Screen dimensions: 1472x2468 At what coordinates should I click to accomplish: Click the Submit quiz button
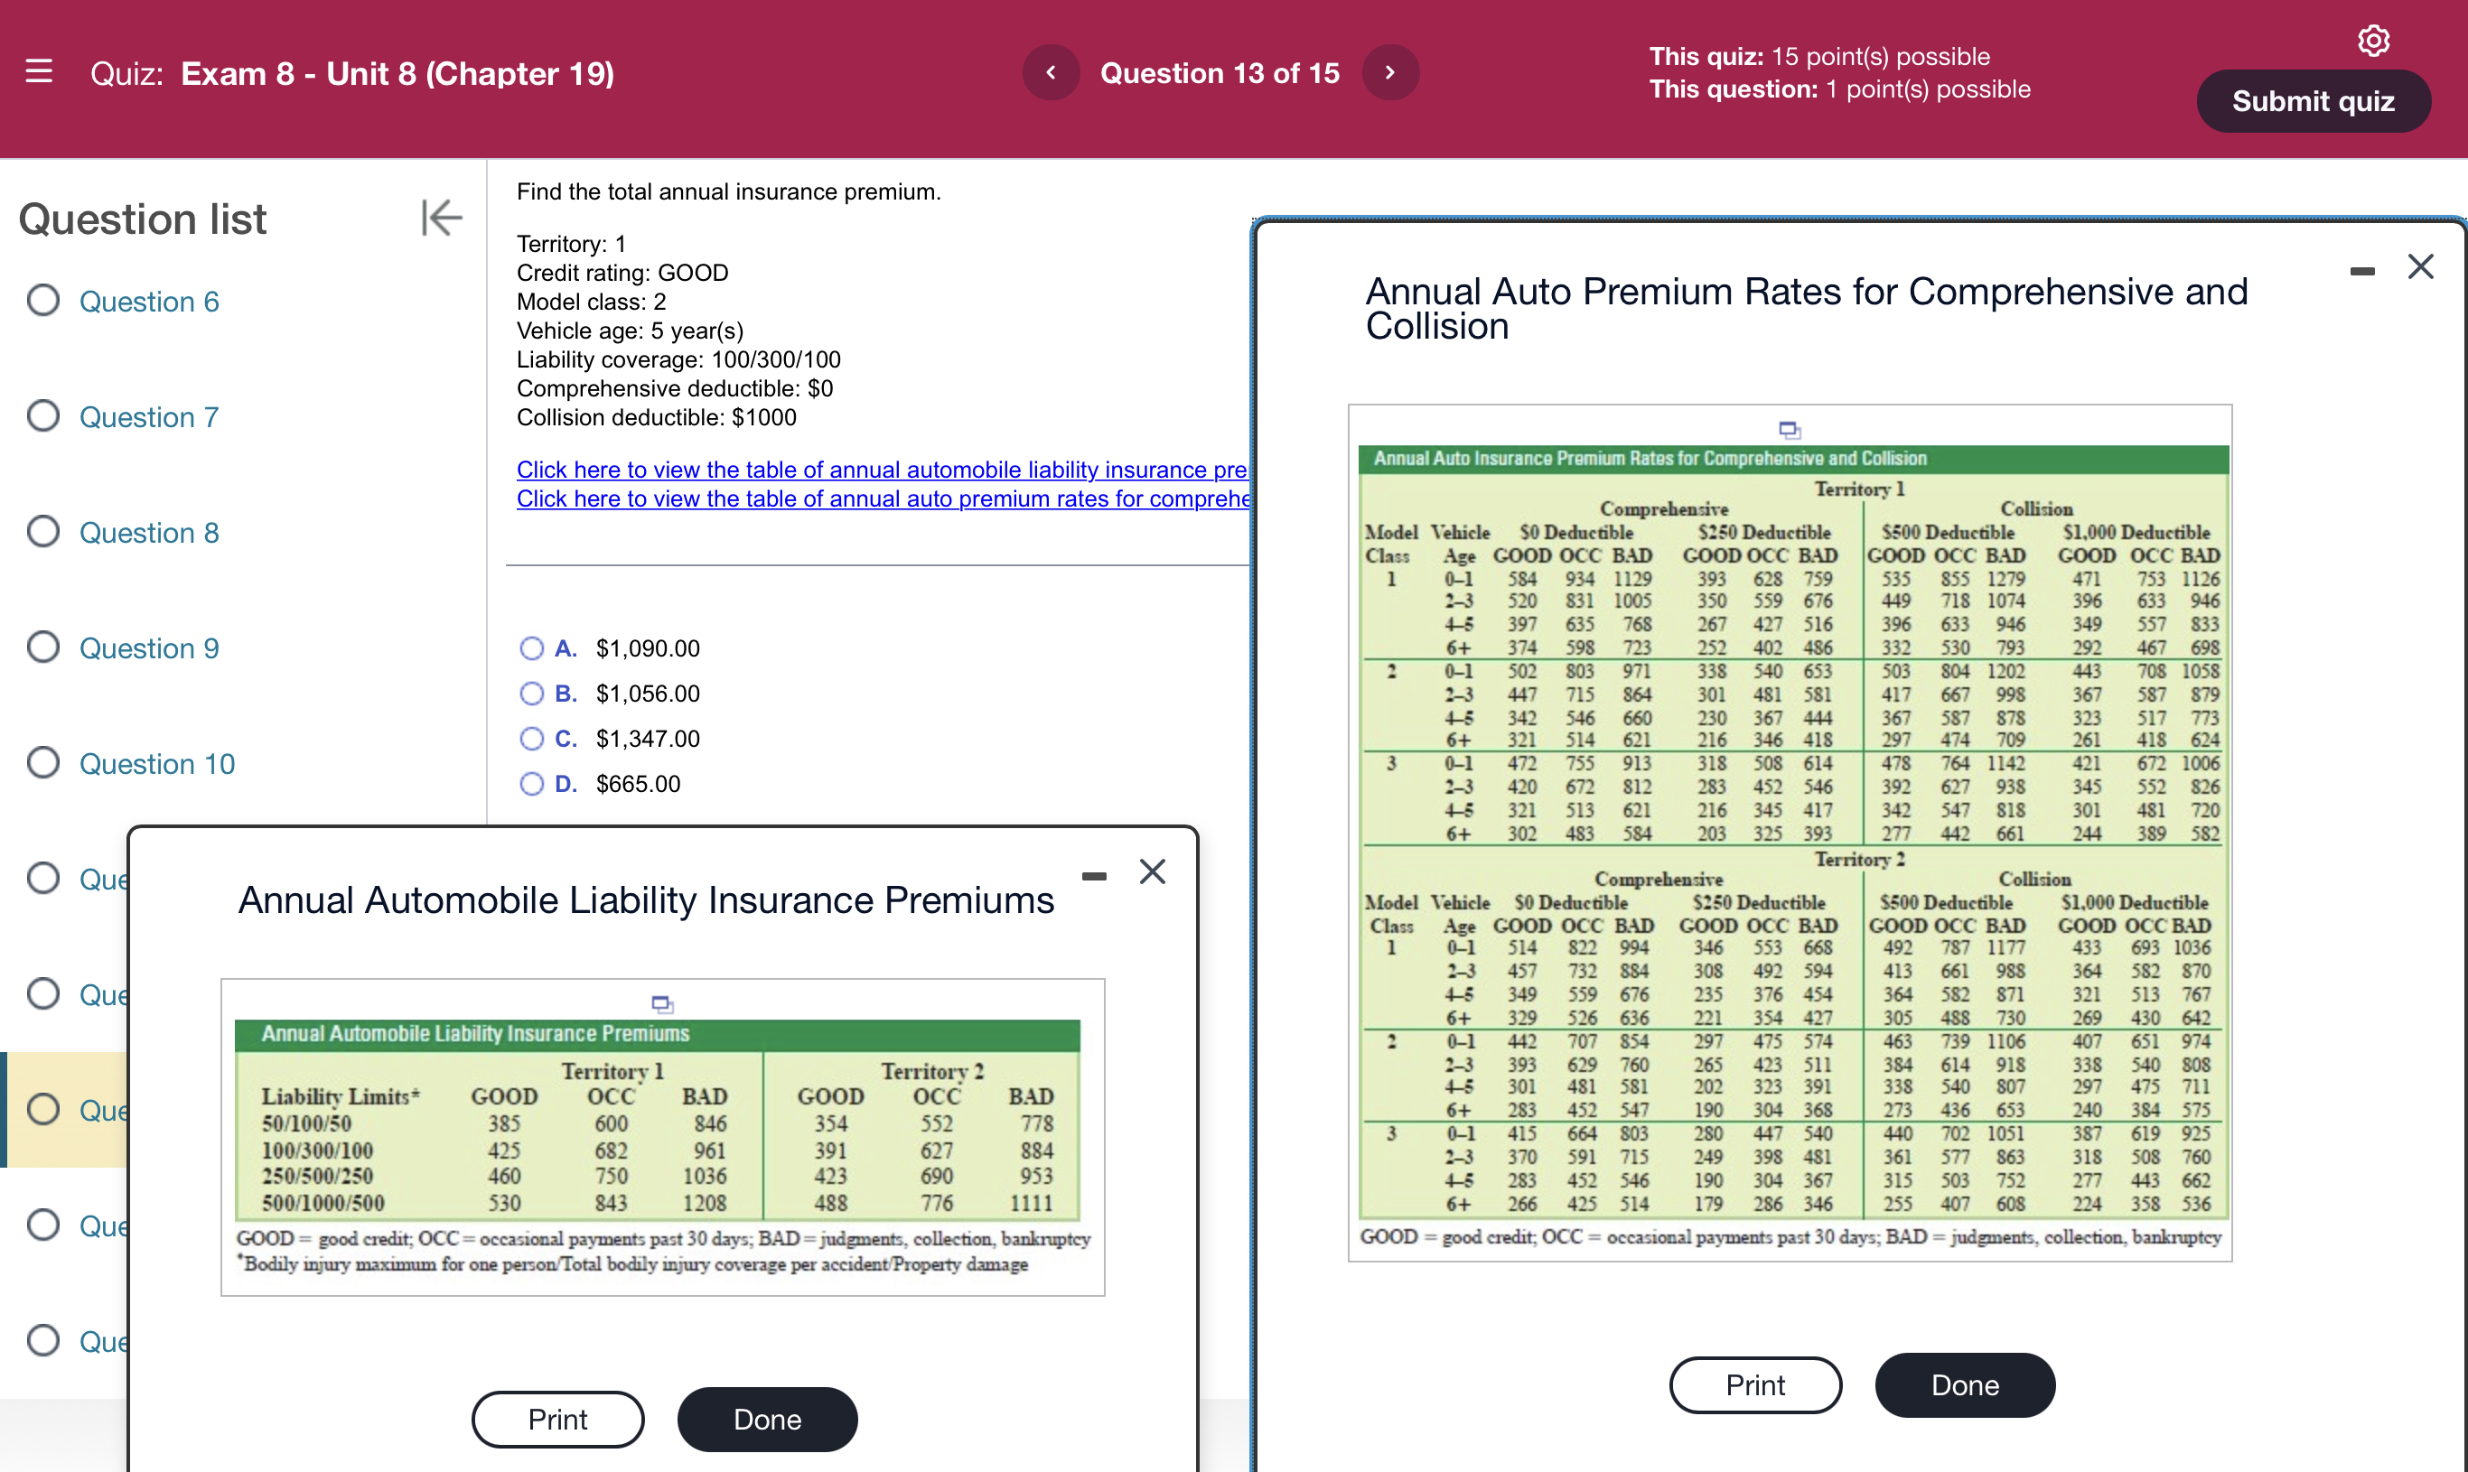pyautogui.click(x=2313, y=101)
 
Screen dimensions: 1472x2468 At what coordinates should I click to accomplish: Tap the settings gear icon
pyautogui.click(x=2373, y=41)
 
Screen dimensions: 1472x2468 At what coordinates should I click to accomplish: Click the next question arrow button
pyautogui.click(x=1389, y=72)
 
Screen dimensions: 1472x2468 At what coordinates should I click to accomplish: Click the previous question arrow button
pyautogui.click(x=1051, y=72)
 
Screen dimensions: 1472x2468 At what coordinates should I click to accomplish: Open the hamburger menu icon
pyautogui.click(x=39, y=71)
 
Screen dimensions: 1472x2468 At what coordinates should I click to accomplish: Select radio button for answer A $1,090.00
pyautogui.click(x=532, y=648)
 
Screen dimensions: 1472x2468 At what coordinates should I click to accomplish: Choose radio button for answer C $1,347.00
pyautogui.click(x=532, y=739)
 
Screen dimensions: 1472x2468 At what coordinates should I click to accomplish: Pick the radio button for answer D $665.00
pyautogui.click(x=532, y=785)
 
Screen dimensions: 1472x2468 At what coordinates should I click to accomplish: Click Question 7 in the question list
pyautogui.click(x=149, y=416)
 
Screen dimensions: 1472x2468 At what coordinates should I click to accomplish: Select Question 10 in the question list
pyautogui.click(x=156, y=764)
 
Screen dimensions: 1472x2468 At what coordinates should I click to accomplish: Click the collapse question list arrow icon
pyautogui.click(x=442, y=218)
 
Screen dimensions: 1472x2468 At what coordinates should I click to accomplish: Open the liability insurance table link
pyautogui.click(x=881, y=470)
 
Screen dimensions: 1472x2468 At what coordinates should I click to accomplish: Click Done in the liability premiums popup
pyautogui.click(x=767, y=1420)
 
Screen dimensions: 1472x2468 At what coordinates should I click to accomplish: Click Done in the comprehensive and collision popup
pyautogui.click(x=1964, y=1384)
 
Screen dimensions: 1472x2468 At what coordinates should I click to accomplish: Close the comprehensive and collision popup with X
pyautogui.click(x=2420, y=266)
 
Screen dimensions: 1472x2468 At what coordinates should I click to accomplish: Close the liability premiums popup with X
pyautogui.click(x=1152, y=871)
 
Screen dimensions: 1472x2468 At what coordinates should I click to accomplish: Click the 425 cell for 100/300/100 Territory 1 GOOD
pyautogui.click(x=504, y=1151)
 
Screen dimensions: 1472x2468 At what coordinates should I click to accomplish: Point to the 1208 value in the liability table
pyautogui.click(x=705, y=1203)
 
